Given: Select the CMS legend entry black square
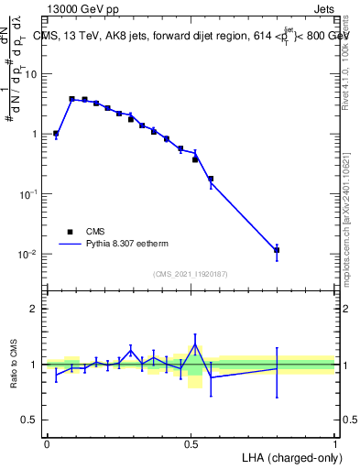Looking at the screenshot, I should [x=69, y=232].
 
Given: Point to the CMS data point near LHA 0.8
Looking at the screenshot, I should [x=277, y=250].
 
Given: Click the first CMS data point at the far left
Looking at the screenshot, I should [x=56, y=134].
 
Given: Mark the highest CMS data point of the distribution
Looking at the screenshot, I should [x=71, y=99].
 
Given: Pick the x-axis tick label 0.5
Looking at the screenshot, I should [x=191, y=443].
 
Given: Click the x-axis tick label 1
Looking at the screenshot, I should [x=335, y=443].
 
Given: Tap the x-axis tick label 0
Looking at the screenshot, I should [x=47, y=443].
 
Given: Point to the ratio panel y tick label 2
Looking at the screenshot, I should [x=34, y=309].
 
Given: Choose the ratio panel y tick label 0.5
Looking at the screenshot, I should [x=29, y=420].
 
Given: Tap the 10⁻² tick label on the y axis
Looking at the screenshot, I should [x=27, y=254].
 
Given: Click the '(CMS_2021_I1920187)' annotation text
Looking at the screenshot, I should [x=190, y=273].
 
